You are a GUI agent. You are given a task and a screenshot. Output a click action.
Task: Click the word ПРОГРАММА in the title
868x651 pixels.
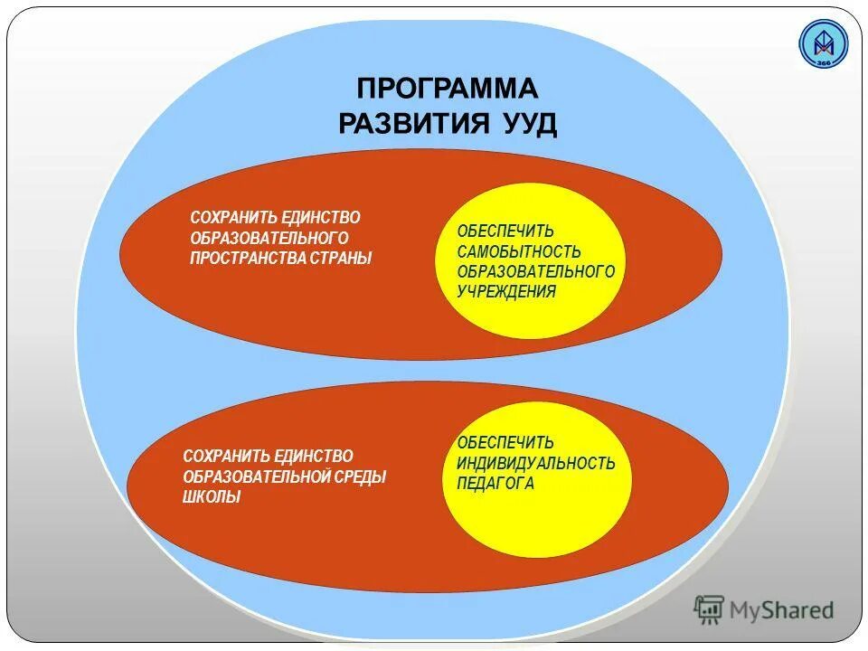tap(448, 90)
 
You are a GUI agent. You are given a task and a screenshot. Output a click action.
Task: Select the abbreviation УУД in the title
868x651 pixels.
tap(526, 124)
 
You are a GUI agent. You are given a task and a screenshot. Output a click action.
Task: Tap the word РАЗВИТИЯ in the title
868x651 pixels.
tap(413, 124)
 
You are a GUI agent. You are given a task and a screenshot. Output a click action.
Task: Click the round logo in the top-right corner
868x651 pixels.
tap(824, 43)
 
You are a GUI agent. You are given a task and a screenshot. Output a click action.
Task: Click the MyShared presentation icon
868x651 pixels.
tap(710, 610)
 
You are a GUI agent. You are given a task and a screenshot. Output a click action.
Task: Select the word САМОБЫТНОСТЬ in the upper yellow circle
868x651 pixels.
tap(519, 252)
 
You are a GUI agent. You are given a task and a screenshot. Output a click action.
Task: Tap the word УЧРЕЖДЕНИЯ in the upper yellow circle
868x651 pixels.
tap(506, 291)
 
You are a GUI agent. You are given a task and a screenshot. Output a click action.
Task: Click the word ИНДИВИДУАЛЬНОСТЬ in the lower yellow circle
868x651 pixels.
tap(536, 464)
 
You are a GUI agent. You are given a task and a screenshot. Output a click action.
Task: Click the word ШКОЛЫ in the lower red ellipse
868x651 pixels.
tap(212, 497)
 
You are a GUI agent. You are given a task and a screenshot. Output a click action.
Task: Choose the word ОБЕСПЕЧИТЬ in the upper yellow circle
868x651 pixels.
tap(505, 232)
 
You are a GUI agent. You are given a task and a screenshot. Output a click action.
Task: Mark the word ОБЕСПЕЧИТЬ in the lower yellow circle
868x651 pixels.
tap(505, 443)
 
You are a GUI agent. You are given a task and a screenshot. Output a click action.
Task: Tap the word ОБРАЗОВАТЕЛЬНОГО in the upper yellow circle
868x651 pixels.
tap(536, 272)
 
